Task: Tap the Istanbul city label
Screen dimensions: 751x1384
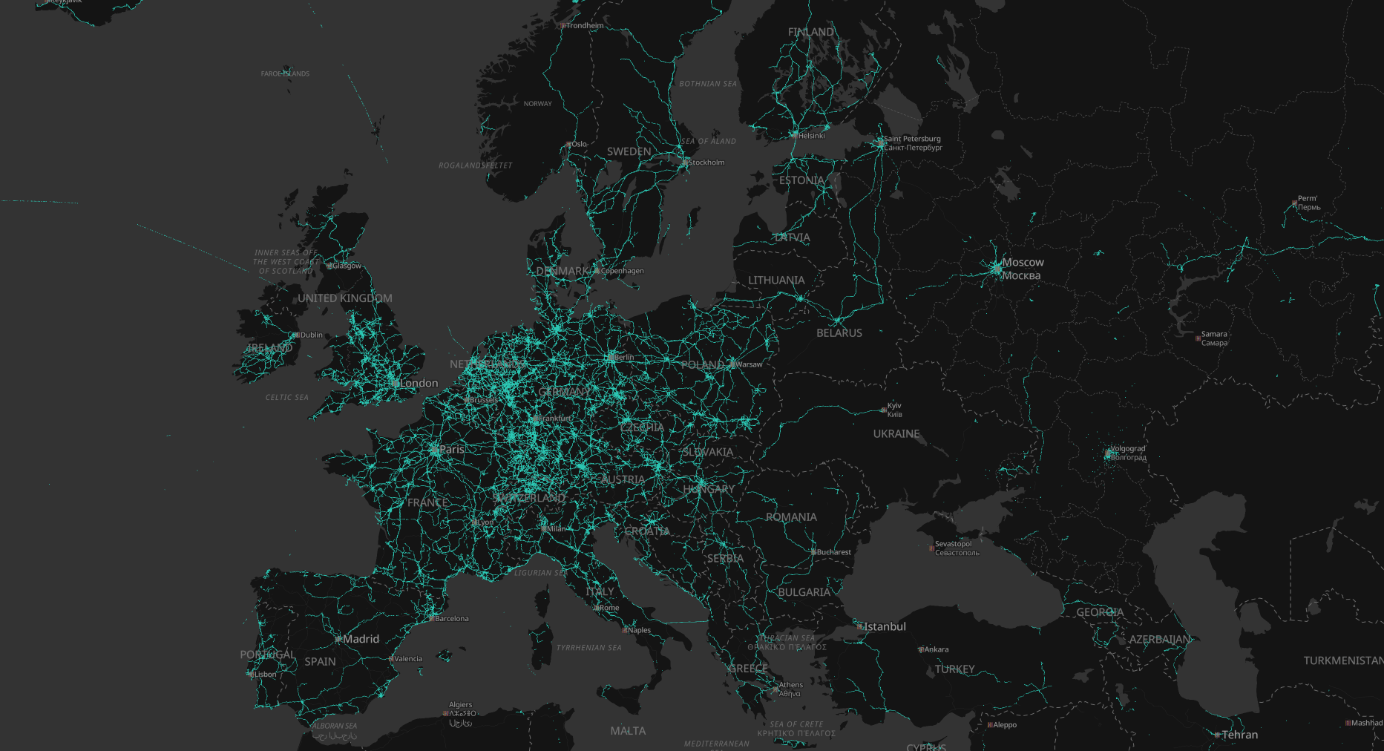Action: pos(885,627)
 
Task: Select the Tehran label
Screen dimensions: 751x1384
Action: pos(1239,735)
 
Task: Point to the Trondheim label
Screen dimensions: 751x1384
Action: pos(585,26)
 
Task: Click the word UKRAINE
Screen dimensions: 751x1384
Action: pos(896,434)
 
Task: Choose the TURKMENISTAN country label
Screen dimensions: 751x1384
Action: pos(1343,660)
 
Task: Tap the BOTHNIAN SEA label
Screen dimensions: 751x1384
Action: pos(708,84)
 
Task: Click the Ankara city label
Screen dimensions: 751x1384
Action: pos(936,649)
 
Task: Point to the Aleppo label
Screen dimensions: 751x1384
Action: pos(1004,725)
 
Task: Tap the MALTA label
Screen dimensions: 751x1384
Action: pos(628,731)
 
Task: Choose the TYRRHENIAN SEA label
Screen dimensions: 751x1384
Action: pos(589,648)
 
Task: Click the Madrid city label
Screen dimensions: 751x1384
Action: pos(361,639)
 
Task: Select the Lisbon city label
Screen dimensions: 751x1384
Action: pos(265,675)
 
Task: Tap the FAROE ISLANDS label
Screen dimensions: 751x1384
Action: pos(285,74)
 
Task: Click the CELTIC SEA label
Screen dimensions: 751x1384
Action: pos(287,398)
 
